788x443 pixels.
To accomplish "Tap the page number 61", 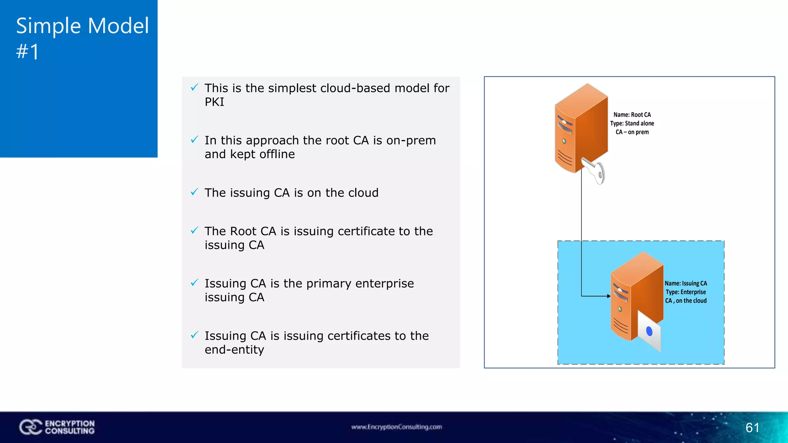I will tap(752, 428).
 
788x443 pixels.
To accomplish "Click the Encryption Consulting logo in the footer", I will tap(57, 427).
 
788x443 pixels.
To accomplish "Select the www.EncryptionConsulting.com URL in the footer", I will tap(396, 427).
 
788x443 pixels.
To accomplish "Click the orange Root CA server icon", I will tap(581, 127).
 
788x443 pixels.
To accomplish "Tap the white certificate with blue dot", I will tap(649, 331).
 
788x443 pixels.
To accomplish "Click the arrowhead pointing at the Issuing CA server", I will tap(608, 296).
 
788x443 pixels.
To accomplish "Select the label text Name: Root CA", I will tap(632, 115).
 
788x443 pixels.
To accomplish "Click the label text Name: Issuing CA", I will tap(686, 283).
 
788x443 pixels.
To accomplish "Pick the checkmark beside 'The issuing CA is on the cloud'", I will tap(195, 192).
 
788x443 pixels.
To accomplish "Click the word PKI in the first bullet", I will tap(214, 102).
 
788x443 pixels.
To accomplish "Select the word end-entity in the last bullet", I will tap(234, 350).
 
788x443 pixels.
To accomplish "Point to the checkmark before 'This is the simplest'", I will tap(195, 87).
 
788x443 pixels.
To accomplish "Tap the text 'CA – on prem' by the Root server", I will tap(632, 132).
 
